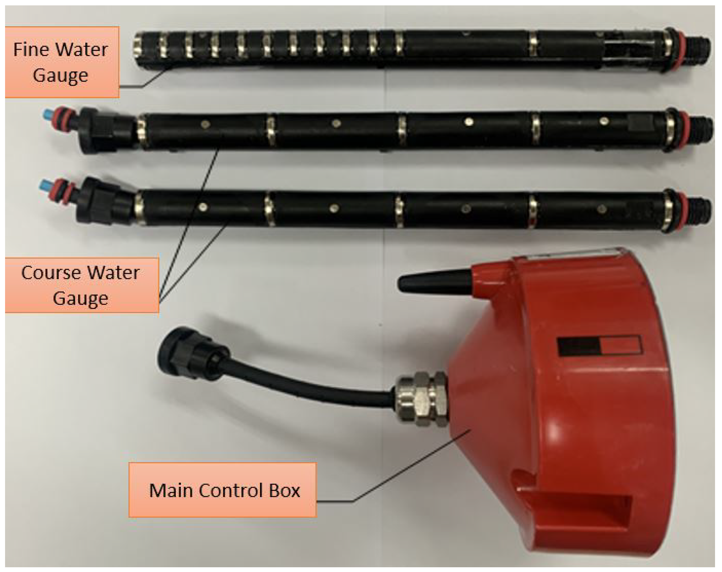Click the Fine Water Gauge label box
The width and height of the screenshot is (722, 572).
62,62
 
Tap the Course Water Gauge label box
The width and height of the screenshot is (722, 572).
82,285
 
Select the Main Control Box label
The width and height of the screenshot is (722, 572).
223,490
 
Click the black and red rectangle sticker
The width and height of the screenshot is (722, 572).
600,345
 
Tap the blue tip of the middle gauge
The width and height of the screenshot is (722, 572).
47,116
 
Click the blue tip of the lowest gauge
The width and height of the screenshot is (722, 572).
45,185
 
